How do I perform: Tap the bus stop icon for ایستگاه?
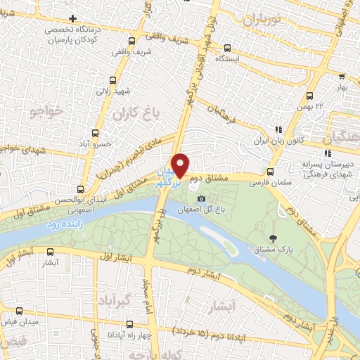227,49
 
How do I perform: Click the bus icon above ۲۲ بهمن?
341,77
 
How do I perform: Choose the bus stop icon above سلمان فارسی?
271,172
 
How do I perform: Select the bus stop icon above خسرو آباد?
96,133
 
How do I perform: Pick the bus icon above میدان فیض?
20,310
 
